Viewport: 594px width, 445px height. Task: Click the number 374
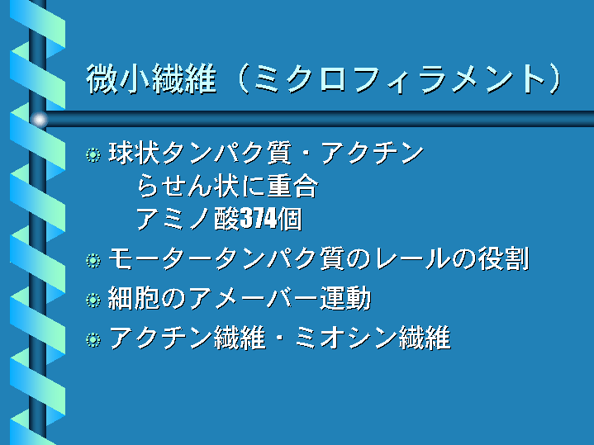coord(259,219)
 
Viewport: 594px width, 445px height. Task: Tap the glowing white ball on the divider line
coord(40,120)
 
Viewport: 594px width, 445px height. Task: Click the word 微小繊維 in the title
coord(151,78)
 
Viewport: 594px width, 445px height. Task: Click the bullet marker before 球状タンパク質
coord(93,155)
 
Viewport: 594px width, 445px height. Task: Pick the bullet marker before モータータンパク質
coord(93,261)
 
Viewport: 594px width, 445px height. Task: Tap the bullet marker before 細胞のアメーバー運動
coord(93,300)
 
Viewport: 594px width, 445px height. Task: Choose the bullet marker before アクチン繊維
coord(93,339)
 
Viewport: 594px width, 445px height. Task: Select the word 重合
coord(292,186)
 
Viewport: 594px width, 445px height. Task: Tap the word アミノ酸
coord(188,219)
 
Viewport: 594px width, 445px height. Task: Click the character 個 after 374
coord(290,219)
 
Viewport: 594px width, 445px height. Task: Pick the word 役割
coord(503,259)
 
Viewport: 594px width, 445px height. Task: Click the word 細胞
coord(134,298)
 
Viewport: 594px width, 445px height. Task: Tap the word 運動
coord(345,298)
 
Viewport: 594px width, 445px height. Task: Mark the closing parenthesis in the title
coord(554,78)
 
